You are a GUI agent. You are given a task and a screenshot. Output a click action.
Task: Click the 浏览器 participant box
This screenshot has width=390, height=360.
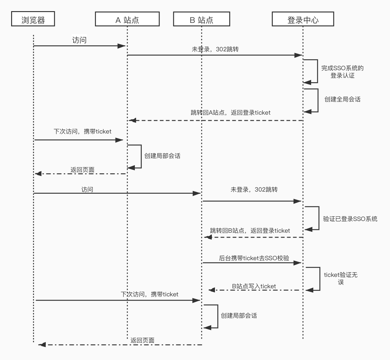pos(33,19)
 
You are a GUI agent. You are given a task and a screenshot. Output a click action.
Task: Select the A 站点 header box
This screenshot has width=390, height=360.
pos(127,19)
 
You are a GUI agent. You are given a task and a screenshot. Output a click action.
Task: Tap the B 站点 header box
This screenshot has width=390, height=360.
pos(201,19)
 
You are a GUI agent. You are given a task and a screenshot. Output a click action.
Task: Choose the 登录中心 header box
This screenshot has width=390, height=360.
pos(303,19)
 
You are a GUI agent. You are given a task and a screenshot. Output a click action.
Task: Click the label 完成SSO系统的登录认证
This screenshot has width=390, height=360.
pos(342,72)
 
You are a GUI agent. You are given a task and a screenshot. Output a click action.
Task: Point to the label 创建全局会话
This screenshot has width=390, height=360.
pos(342,99)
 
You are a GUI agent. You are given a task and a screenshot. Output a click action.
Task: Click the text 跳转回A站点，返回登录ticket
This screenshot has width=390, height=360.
pos(230,113)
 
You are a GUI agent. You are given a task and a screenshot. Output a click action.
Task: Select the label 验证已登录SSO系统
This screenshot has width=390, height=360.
pos(350,219)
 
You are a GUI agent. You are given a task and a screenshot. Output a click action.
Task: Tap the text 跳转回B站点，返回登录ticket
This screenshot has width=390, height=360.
pos(250,231)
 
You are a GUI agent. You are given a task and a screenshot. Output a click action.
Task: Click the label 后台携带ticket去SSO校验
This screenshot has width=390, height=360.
pos(254,258)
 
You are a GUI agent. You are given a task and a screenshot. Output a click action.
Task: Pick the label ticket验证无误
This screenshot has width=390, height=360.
pos(341,278)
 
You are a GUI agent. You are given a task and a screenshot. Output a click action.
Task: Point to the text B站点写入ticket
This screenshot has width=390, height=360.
pos(254,286)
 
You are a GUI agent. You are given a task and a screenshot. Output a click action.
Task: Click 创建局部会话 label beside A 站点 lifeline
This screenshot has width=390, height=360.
pos(162,156)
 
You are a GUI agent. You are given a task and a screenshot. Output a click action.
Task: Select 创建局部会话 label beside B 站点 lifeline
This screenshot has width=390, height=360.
pos(238,316)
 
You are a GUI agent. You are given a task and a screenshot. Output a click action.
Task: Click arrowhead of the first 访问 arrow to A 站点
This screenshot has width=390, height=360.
pos(122,46)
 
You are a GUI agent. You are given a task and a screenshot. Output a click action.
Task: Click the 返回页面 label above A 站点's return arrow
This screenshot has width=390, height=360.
pos(82,170)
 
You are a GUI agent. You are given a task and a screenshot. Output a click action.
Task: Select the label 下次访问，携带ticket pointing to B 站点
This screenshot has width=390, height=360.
pos(149,294)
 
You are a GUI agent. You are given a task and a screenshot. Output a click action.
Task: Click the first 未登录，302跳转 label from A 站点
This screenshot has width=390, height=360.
pos(215,49)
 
